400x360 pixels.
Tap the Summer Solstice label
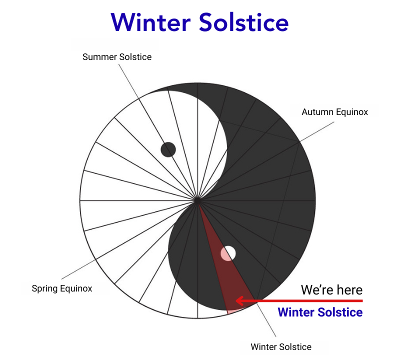116,57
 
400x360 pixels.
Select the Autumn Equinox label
334,112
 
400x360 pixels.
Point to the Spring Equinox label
62,288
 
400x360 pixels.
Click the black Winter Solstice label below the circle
280,346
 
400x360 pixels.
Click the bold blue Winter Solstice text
320,312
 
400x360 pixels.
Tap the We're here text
331,289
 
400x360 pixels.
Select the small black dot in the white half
168,149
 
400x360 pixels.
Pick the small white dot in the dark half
228,253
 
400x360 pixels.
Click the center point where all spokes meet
198,200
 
